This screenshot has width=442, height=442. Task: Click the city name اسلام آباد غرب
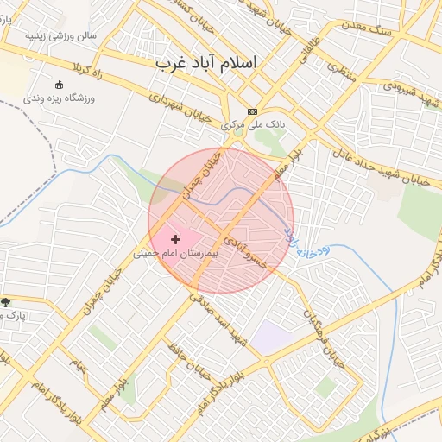tap(208, 64)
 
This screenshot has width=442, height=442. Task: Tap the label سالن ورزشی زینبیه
tap(60, 36)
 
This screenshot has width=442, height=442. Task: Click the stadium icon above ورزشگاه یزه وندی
tap(59, 85)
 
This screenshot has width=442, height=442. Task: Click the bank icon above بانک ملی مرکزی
tap(252, 111)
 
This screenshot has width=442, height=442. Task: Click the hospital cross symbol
tap(176, 239)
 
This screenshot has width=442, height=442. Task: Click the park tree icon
tap(6, 302)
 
